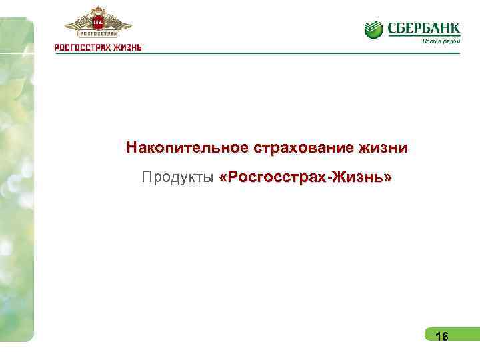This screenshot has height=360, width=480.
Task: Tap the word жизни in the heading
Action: pos(382,147)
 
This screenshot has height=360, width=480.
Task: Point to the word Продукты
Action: pos(177,179)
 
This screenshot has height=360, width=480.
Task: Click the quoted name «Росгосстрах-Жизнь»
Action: pos(305,179)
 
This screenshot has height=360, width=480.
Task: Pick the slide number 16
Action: pos(441,337)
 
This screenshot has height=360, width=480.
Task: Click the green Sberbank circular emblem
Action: pos(373,29)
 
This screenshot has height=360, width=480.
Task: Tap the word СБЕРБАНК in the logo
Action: pos(423,27)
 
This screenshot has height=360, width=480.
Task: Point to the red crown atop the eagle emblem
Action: pos(98,11)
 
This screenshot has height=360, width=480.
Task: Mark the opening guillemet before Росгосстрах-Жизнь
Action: pos(223,179)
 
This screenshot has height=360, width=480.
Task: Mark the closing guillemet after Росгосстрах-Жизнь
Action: pos(388,179)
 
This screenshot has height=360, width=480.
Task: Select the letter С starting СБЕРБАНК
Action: pos(391,27)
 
